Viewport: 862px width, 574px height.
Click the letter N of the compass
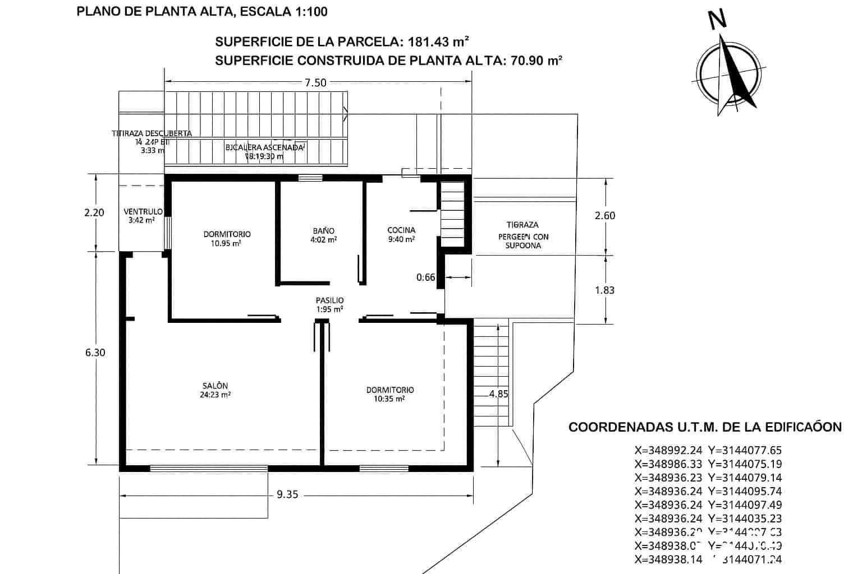(x=718, y=20)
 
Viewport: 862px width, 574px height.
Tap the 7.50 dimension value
(x=315, y=83)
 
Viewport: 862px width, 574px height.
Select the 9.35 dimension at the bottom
(x=287, y=494)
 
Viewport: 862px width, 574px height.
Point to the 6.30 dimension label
(x=95, y=353)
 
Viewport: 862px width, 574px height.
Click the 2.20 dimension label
(x=94, y=212)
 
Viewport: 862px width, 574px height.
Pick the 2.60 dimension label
(x=604, y=216)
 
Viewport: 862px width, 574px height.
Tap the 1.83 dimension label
(x=604, y=290)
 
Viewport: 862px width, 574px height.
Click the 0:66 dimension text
(x=425, y=277)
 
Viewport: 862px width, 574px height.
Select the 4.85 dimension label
(x=498, y=394)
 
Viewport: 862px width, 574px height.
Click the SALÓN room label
(x=215, y=386)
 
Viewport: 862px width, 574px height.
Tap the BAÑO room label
(x=324, y=231)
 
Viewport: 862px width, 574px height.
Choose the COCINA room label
(x=401, y=230)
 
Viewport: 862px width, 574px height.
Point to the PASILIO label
(x=329, y=300)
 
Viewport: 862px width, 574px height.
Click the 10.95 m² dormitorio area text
(x=227, y=243)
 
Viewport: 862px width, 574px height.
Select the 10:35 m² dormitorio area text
(x=389, y=399)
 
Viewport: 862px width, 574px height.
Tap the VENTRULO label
(x=143, y=212)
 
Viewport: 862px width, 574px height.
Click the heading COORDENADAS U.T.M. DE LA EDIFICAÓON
(x=705, y=427)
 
